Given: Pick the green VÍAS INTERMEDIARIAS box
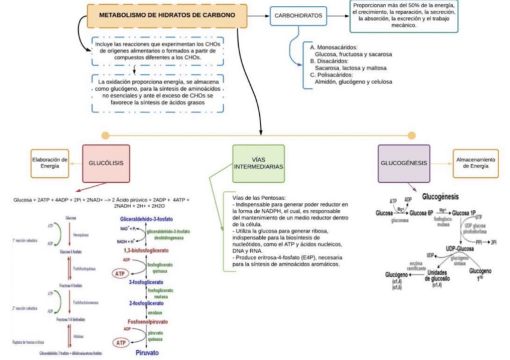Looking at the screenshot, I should click(x=259, y=163).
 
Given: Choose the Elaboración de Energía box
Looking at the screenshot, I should click(x=49, y=163).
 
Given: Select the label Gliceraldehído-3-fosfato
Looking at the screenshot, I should click(x=148, y=220).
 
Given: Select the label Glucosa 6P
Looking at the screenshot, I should click(x=421, y=213).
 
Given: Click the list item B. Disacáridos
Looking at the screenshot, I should click(x=328, y=61).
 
